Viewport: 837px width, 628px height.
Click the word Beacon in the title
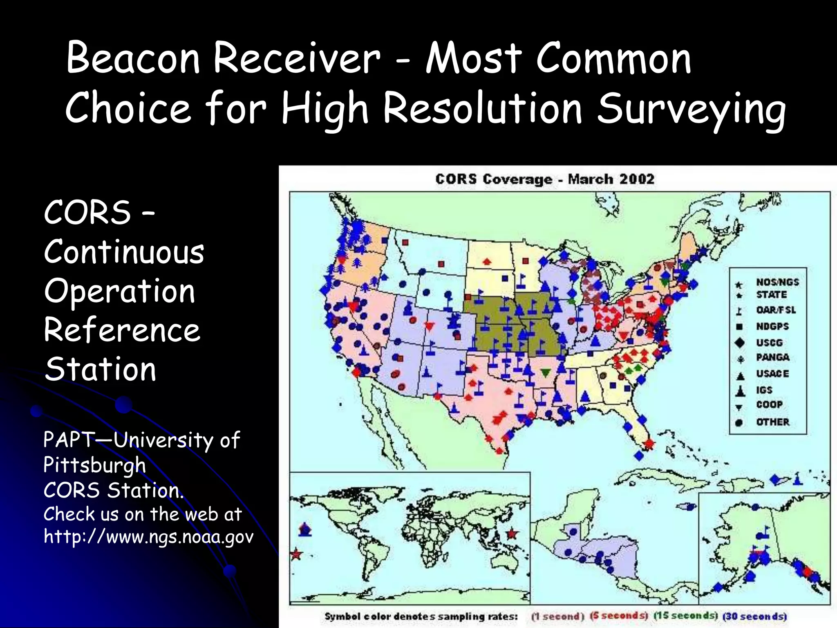pyautogui.click(x=133, y=58)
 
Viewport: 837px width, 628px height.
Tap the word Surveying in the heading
pyautogui.click(x=691, y=108)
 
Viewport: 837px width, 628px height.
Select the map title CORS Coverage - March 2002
pyautogui.click(x=544, y=179)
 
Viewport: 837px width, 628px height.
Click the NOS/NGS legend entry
pyautogui.click(x=777, y=282)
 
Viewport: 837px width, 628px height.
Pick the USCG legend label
pyautogui.click(x=769, y=343)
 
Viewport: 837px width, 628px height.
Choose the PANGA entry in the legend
pyautogui.click(x=772, y=357)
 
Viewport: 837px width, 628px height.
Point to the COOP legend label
pyautogui.click(x=769, y=405)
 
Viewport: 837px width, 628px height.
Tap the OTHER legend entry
pyautogui.click(x=772, y=422)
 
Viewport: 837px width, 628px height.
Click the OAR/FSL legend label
pyautogui.click(x=776, y=310)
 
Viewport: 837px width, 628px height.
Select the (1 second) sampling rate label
pyautogui.click(x=558, y=616)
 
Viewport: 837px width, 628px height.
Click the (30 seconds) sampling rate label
pyautogui.click(x=754, y=616)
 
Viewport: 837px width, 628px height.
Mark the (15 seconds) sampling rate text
pyautogui.click(x=685, y=616)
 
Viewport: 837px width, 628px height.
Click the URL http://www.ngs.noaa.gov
pyautogui.click(x=148, y=536)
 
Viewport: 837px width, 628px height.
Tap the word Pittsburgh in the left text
pyautogui.click(x=94, y=465)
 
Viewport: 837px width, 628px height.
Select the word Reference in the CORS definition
pyautogui.click(x=122, y=330)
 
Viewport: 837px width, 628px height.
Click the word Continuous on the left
pyautogui.click(x=124, y=252)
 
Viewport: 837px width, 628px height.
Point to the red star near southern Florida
pyautogui.click(x=649, y=443)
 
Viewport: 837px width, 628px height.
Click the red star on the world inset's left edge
pyautogui.click(x=296, y=555)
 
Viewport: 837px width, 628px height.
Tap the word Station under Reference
pyautogui.click(x=101, y=369)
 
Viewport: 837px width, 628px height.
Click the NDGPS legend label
pyautogui.click(x=772, y=327)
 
